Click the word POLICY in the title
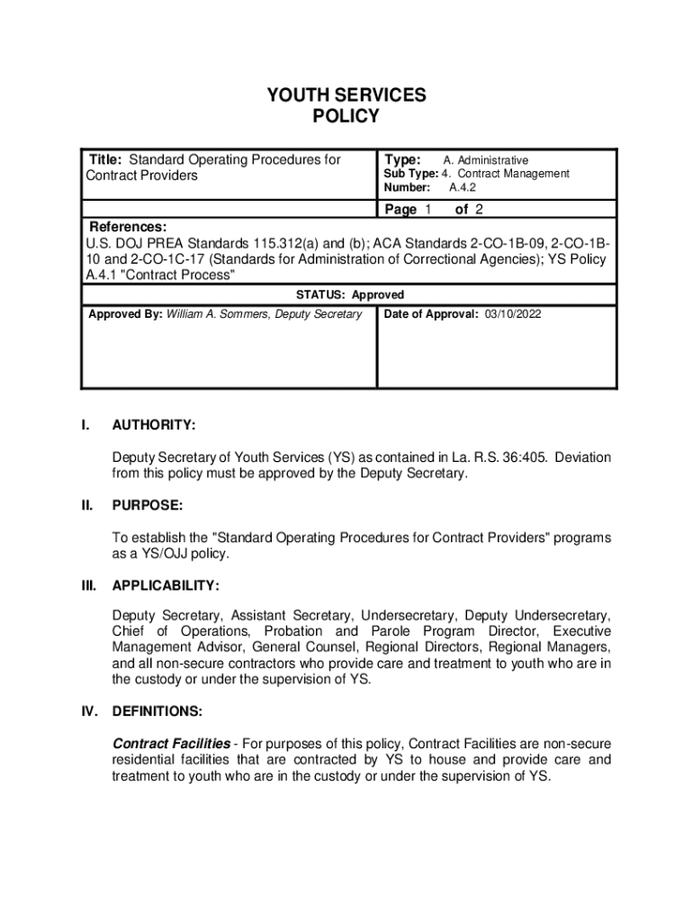346,117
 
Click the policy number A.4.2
462,188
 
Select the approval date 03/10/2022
513,314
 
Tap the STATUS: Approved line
350,294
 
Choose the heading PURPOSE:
148,505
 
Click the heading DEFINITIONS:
157,711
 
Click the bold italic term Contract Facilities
171,743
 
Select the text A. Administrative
486,160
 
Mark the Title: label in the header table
106,159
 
